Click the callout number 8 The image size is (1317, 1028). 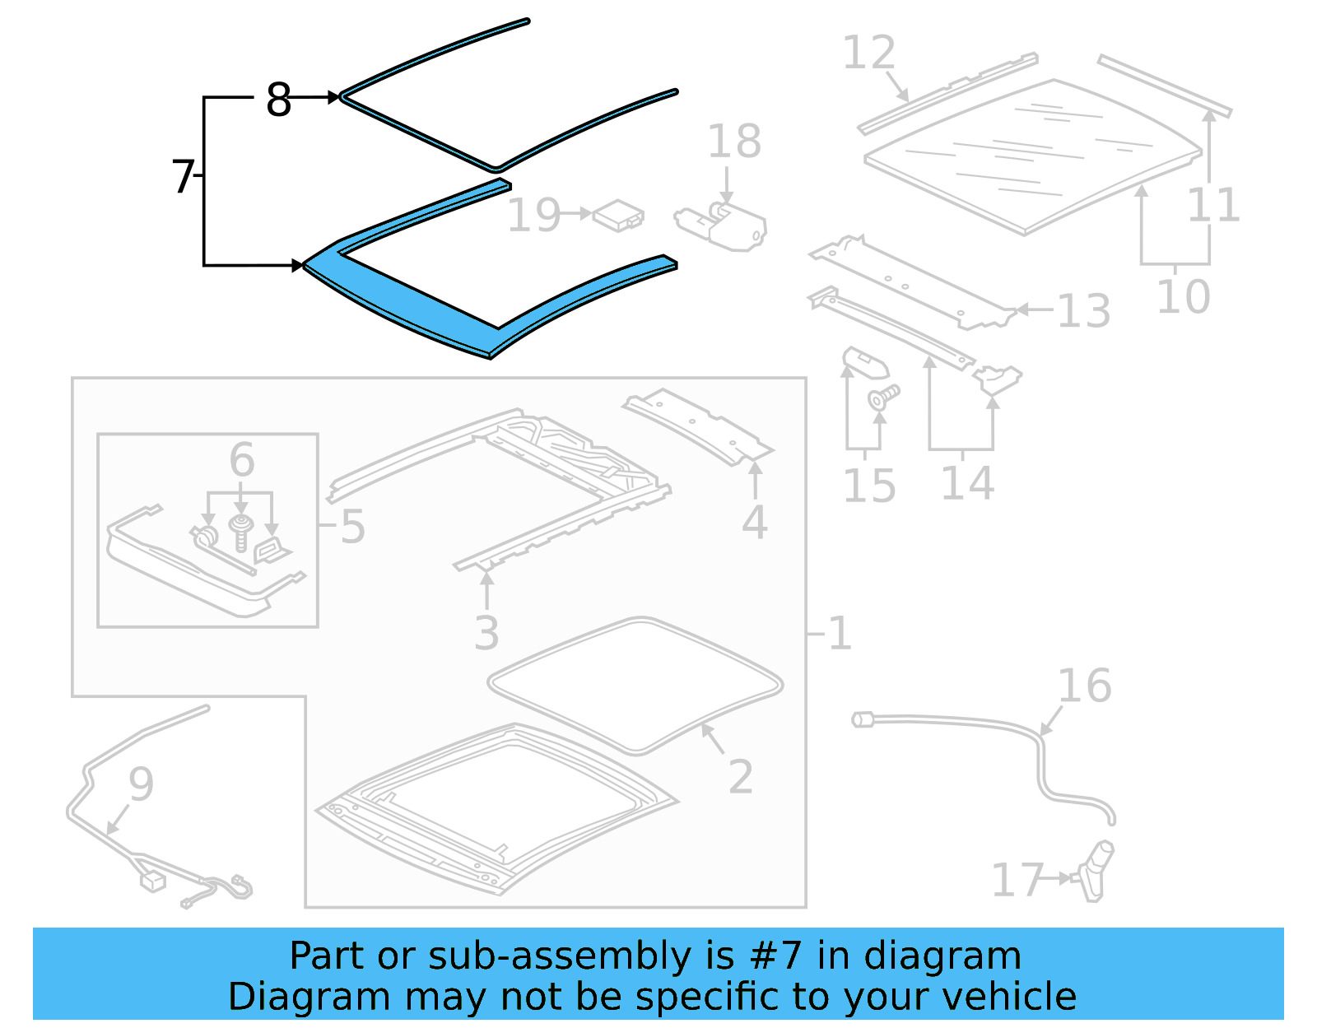tap(278, 100)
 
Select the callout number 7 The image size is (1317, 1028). tap(182, 176)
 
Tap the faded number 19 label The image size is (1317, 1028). tap(533, 215)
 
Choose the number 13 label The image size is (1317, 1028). tap(1083, 311)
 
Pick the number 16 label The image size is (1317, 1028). tap(1083, 686)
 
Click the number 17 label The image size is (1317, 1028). tap(1017, 880)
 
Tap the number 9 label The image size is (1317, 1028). tap(141, 784)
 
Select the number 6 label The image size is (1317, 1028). tap(241, 458)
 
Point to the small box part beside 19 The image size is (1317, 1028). tap(619, 216)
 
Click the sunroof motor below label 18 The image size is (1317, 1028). tap(724, 226)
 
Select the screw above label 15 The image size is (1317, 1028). tap(882, 398)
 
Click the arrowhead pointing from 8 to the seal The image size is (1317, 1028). tap(333, 97)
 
